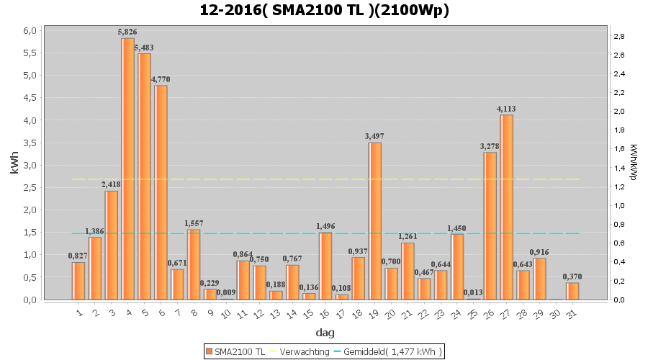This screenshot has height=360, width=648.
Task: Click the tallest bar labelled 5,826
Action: click(x=127, y=169)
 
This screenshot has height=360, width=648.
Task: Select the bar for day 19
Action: click(x=374, y=221)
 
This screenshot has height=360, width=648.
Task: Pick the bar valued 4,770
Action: click(x=161, y=192)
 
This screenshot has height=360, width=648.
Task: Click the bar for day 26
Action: click(x=490, y=226)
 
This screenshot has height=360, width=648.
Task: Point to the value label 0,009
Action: click(x=226, y=292)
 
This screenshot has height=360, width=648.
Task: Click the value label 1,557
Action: click(x=194, y=223)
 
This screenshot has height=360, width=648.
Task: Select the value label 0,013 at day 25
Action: click(x=473, y=292)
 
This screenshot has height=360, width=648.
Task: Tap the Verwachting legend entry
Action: click(x=301, y=351)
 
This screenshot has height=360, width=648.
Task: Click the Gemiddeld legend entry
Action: click(x=393, y=351)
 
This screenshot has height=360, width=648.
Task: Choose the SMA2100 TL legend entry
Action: click(x=235, y=351)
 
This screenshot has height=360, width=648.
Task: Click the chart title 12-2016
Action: click(x=324, y=11)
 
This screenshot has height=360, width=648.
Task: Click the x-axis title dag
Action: click(x=324, y=333)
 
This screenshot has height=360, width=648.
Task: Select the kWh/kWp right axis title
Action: click(x=633, y=162)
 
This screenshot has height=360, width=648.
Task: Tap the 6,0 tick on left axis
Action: click(x=30, y=31)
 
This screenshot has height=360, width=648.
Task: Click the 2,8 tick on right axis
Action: click(x=618, y=36)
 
